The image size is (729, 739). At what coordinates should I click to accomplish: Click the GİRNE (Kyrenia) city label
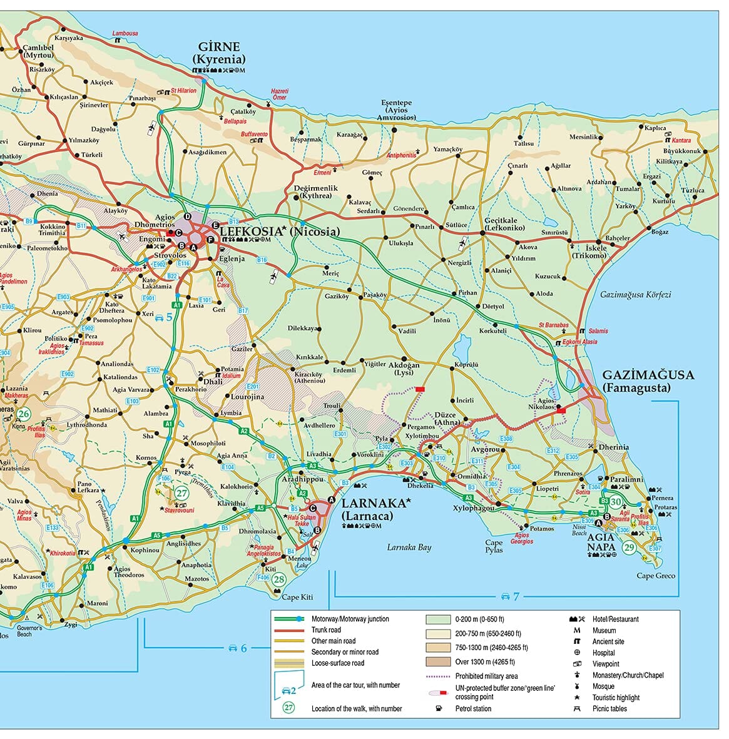[219, 53]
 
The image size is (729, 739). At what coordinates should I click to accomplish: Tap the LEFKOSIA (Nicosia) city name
[280, 232]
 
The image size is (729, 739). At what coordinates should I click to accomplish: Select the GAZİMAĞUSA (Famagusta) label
[648, 381]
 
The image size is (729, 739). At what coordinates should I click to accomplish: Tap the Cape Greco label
[656, 576]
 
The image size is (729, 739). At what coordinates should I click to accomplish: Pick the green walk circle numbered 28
[279, 579]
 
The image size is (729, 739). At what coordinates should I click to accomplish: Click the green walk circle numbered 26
[23, 414]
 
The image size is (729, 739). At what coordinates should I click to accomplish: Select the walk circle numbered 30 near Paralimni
[616, 502]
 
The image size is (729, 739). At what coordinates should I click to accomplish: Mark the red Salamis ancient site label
[598, 331]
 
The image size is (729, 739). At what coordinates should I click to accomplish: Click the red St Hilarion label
[183, 91]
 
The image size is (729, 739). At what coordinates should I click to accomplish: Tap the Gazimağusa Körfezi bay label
[635, 294]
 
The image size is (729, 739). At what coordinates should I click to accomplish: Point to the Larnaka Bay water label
[409, 548]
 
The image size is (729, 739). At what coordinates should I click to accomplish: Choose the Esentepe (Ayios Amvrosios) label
[397, 110]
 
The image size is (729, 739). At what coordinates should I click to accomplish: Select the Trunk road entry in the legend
[326, 630]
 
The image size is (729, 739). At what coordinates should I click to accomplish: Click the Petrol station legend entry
[473, 708]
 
